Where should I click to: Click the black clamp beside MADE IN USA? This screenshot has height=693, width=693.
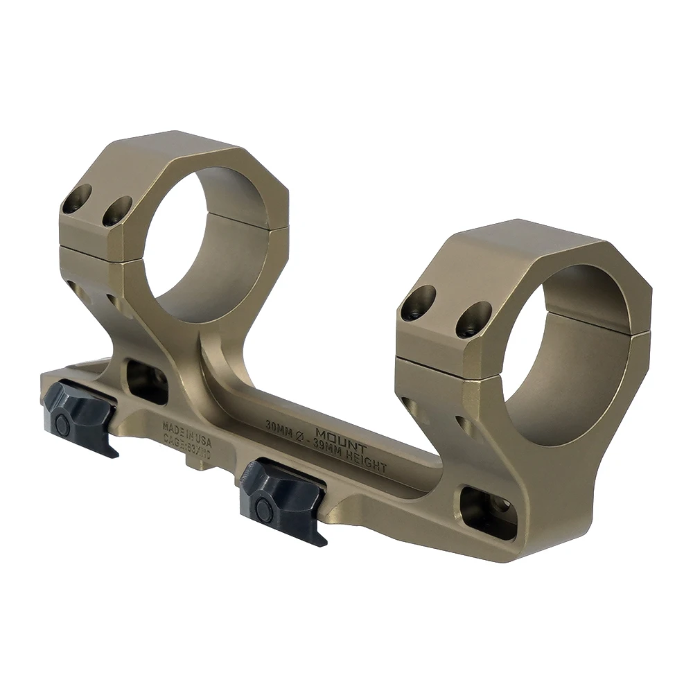(80, 415)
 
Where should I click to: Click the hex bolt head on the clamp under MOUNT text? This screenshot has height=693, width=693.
(264, 511)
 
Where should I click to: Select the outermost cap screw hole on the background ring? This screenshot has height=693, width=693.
(76, 199)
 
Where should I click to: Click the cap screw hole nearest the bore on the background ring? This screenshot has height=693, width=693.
(117, 211)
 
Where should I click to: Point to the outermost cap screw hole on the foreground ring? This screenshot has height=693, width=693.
(418, 303)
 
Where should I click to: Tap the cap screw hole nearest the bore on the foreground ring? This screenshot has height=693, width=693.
(473, 319)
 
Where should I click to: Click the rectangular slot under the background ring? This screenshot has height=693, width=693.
(148, 382)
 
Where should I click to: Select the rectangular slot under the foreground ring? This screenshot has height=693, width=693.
(489, 511)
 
